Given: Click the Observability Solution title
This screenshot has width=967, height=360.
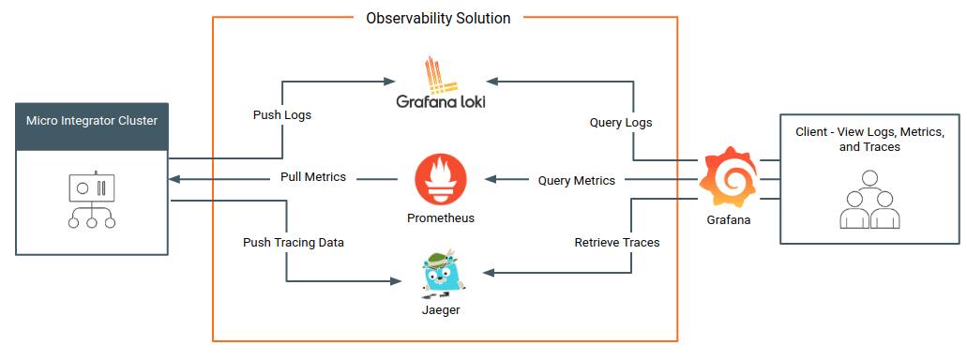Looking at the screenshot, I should pos(438,19).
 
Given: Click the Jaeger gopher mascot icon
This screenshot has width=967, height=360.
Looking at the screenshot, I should pos(440,272).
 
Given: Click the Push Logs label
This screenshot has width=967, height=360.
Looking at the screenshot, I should pos(282,115).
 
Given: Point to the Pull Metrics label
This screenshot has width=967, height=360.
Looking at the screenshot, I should pos(313,177).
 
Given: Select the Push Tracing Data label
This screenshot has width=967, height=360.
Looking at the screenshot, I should pos(294,243).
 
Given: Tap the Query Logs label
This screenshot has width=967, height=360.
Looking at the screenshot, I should pos(621,123).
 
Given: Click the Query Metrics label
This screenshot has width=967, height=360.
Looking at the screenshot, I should pos(577,181).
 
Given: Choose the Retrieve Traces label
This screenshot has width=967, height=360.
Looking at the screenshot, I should pos(616,243).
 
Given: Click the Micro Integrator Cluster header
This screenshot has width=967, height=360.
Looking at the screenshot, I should pos(92,121).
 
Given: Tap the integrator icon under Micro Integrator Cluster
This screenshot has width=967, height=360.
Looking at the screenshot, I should pos(92,200).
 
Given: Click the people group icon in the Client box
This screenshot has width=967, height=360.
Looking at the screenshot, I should pos(869,200).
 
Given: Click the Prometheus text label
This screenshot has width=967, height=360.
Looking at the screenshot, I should pos(441,218).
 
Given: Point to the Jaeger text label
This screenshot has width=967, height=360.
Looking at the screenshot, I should pos(441,309).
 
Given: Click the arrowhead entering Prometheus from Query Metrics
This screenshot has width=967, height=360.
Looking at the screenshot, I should pos(488,180).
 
